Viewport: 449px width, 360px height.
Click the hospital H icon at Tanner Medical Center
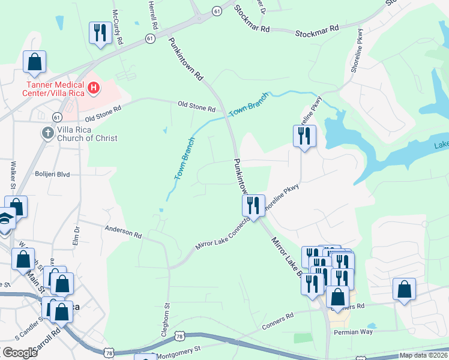pos(94,89)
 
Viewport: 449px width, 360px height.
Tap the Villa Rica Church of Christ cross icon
pos(47,131)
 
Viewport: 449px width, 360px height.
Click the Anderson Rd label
pos(122,232)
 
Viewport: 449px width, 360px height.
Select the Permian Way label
pos(354,332)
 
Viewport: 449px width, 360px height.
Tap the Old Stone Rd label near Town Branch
pos(196,109)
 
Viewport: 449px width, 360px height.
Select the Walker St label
pos(13,173)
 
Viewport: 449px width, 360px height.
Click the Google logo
pos(20,353)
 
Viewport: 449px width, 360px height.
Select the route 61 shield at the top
pos(216,11)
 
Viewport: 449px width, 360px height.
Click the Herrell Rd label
pos(153,15)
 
